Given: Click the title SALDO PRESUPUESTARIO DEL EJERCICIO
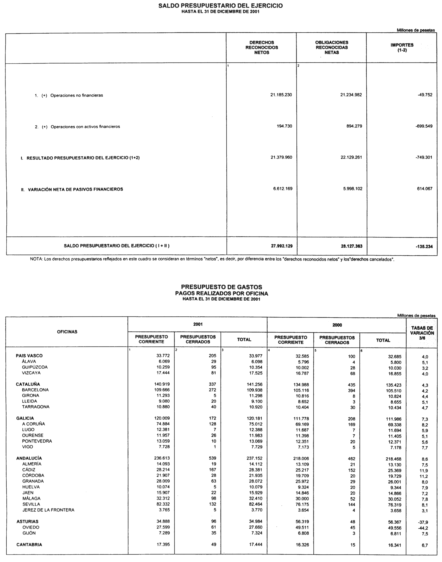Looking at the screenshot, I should click(x=221, y=6).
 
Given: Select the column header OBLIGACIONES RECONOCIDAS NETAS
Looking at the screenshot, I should click(x=332, y=47).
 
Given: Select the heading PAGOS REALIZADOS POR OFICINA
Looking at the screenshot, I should click(x=221, y=293).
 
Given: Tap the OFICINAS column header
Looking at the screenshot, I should click(x=67, y=332).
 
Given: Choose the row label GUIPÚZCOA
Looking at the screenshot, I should click(x=35, y=367).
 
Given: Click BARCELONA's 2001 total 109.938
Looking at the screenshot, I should click(x=254, y=390).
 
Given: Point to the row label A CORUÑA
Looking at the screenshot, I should click(x=33, y=424).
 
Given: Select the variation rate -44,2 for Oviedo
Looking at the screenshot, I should click(x=423, y=528).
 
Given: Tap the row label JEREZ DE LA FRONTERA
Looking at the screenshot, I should click(x=48, y=510).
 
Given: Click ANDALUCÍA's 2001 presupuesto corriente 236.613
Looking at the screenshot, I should click(x=162, y=458).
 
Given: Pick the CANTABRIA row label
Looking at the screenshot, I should click(x=29, y=545).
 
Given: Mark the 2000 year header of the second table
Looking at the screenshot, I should click(x=337, y=325).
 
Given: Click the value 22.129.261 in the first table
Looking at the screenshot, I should click(x=351, y=157).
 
